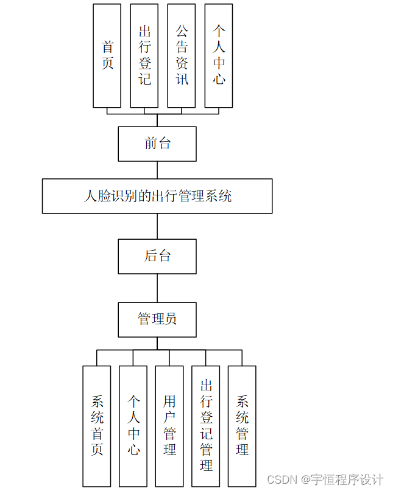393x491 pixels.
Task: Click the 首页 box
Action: [107, 56]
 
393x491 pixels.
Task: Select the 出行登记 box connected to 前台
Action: [144, 56]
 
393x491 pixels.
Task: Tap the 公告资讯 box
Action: [182, 56]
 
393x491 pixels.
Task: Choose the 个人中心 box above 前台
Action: [219, 56]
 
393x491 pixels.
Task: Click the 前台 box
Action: [157, 144]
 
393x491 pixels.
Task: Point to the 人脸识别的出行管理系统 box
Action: [157, 196]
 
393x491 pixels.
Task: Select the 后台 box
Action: [157, 256]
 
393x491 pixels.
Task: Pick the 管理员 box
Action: [157, 319]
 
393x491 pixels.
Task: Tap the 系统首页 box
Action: [97, 426]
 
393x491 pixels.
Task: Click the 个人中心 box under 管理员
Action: [133, 426]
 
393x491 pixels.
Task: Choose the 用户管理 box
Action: [169, 426]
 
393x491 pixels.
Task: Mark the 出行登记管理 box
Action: [206, 426]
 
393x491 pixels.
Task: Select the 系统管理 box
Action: [242, 426]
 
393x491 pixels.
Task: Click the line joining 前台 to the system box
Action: [157, 170]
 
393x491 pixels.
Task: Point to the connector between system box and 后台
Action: [157, 226]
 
